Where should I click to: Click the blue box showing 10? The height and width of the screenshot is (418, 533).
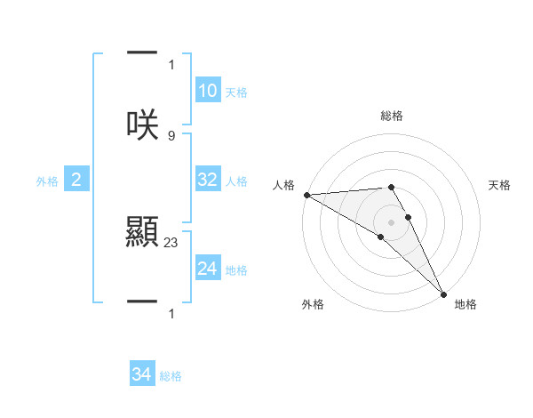click(208, 91)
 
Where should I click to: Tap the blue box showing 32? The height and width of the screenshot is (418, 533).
click(208, 180)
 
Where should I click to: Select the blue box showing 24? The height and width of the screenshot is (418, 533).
click(208, 269)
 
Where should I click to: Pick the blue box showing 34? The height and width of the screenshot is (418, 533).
click(142, 375)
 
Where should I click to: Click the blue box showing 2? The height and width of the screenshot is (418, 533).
click(76, 181)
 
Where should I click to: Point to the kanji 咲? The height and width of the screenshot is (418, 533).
click(142, 125)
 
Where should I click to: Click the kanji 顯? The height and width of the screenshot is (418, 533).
click(142, 233)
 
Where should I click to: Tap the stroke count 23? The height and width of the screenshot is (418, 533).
click(171, 241)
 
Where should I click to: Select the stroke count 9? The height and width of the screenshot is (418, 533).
click(171, 135)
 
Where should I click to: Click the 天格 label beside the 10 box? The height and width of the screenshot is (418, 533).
click(236, 92)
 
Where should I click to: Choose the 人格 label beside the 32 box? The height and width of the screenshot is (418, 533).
click(236, 181)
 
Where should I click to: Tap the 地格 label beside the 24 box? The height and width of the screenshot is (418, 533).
click(236, 269)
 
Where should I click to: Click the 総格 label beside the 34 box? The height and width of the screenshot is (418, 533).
click(171, 376)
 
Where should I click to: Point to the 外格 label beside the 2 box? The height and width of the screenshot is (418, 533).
click(47, 181)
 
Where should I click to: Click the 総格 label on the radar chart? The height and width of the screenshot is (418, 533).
click(392, 116)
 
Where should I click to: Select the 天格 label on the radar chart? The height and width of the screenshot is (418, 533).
click(500, 185)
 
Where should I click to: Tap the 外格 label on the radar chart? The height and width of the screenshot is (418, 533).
click(313, 304)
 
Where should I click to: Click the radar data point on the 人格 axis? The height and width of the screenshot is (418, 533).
click(306, 195)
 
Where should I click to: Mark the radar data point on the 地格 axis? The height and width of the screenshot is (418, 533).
click(443, 293)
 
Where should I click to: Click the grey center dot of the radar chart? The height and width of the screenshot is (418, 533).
click(392, 221)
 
